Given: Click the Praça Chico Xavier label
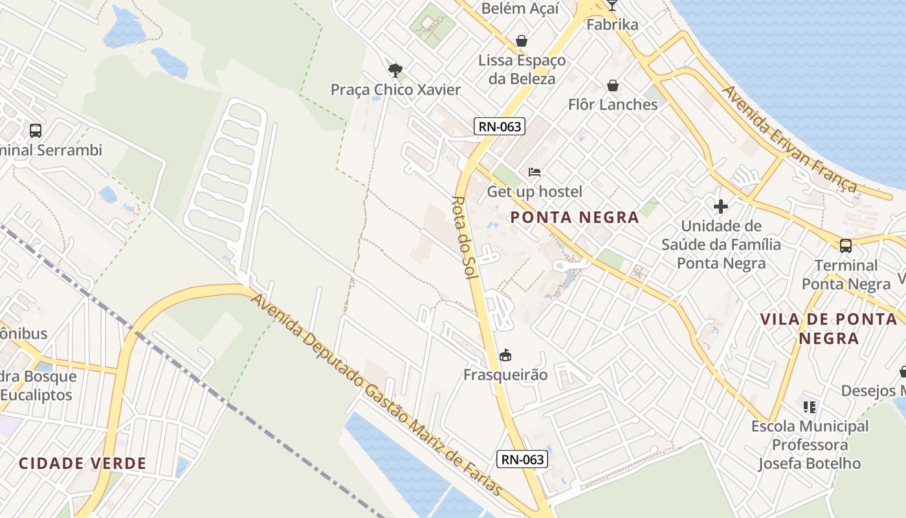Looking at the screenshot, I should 395,89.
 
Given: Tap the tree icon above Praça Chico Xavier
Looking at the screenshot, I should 395,70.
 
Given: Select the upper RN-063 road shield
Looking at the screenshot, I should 499,126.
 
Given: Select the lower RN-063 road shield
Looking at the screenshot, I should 522,460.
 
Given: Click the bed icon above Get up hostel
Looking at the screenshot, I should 535,172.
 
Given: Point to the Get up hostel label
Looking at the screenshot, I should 535,192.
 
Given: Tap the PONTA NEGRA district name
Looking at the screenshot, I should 575,218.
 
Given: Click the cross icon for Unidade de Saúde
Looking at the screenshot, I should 721,207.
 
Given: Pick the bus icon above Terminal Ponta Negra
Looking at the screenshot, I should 846,246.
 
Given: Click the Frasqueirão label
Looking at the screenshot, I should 505,375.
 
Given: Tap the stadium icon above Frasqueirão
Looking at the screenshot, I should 506,355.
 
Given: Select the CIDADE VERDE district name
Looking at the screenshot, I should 82,464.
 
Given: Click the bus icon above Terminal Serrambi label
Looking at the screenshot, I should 36,131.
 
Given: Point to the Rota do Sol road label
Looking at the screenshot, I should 464,238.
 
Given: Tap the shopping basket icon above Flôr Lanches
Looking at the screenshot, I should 612,85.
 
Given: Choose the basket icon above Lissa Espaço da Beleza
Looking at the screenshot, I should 522,41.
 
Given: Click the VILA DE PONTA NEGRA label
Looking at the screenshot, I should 829,328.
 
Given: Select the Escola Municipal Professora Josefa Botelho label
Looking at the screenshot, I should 810,445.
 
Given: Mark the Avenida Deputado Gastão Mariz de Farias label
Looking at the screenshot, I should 377,395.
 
